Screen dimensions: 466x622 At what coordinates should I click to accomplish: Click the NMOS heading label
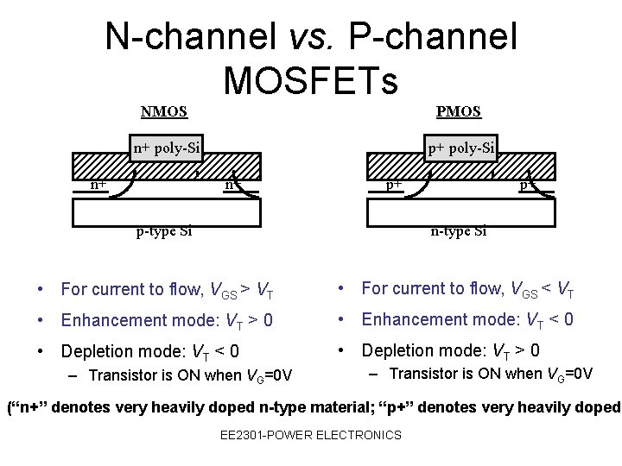click(x=164, y=111)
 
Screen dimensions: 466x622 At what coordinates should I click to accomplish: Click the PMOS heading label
click(x=459, y=111)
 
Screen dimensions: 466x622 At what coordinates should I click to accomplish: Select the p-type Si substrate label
click(x=164, y=230)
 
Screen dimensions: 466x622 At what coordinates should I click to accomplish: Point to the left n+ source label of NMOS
click(x=99, y=184)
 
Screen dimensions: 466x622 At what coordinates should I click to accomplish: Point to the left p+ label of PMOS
click(x=393, y=184)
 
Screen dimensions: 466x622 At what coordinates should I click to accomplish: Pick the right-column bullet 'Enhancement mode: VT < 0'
click(x=467, y=319)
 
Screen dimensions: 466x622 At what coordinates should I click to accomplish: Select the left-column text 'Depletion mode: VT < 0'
click(x=149, y=351)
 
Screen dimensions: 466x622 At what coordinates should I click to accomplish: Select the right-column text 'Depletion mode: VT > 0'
click(x=450, y=350)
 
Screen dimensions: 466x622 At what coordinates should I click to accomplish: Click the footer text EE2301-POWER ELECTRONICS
click(x=311, y=435)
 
